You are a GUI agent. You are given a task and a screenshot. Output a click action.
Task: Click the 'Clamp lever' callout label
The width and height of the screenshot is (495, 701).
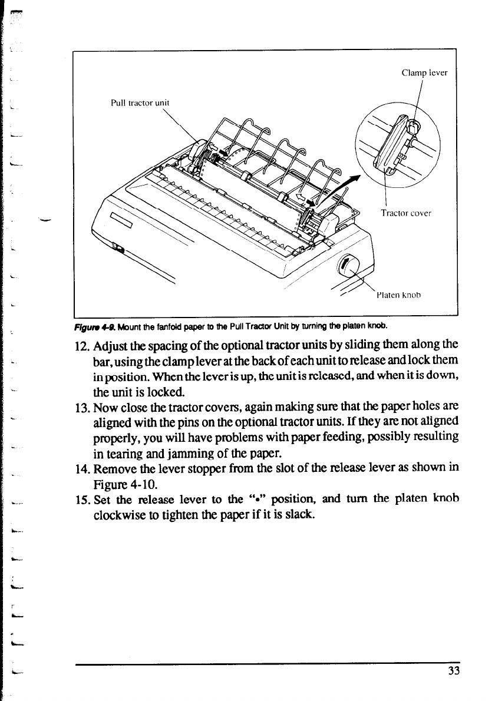(424, 74)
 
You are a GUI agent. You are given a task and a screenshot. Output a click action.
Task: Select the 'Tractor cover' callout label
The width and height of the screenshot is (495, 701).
(407, 213)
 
